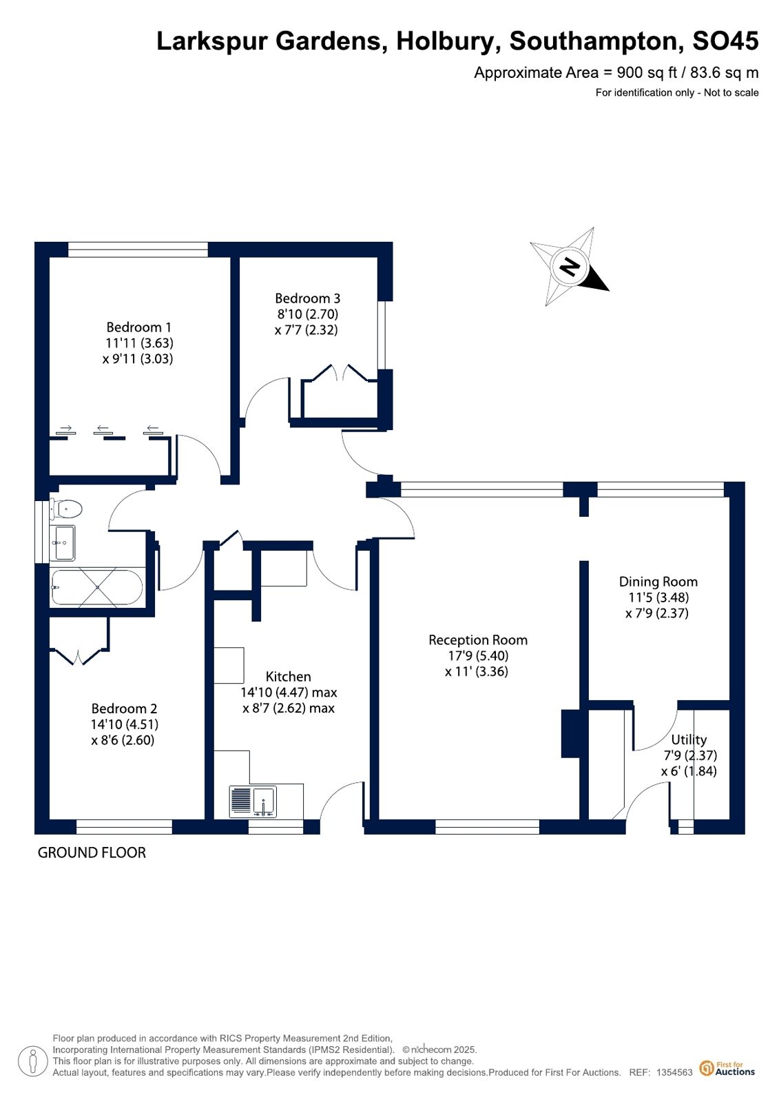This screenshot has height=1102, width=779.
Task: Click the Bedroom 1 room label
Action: point(138,327)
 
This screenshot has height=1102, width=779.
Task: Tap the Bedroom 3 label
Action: point(307,298)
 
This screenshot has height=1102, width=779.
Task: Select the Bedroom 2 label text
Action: point(124,708)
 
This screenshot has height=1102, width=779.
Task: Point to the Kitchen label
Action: point(288,677)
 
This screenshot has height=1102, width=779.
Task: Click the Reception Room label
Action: point(478,640)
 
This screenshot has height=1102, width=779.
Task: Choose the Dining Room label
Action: point(658,582)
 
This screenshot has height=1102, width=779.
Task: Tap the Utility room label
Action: point(689,739)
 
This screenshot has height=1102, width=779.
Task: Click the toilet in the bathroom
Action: point(65,508)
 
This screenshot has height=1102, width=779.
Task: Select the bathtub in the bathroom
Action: point(97,587)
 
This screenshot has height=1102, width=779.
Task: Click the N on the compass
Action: point(570,267)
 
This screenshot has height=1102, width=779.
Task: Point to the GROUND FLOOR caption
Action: point(92,853)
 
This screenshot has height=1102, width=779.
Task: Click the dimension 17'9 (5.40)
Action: point(477,656)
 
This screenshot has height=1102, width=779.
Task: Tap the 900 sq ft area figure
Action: point(641,73)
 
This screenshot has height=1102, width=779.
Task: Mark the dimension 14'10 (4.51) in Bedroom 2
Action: point(125,724)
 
